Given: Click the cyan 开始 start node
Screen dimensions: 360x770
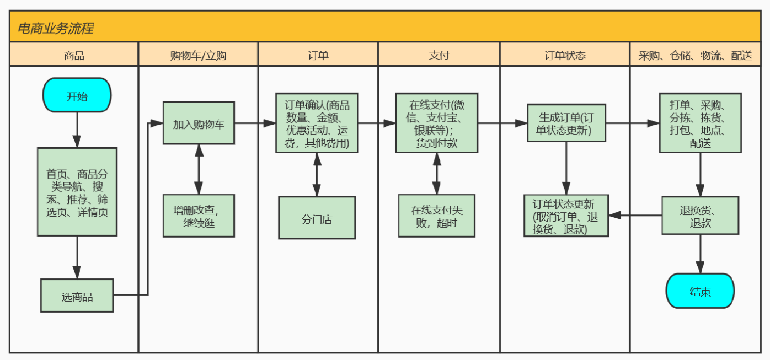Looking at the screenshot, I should pos(77,95).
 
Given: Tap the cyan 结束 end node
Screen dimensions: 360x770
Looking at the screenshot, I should pos(700,291).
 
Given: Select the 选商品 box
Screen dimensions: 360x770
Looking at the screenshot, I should pos(77,295).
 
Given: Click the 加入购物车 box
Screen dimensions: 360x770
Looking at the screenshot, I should pos(199,123).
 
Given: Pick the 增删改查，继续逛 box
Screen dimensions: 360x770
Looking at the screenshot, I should pos(199,216).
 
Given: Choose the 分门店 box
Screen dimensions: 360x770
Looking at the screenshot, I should pos(317,218).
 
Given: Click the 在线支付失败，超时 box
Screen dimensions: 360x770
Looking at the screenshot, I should pos(436,216).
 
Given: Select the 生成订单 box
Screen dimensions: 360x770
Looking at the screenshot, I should pos(566,123).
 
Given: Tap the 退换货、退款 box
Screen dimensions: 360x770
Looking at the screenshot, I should pos(700,216).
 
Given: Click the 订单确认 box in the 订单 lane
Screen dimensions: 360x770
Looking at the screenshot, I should pos(317,123).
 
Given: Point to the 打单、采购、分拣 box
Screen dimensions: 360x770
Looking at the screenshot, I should pos(700,123).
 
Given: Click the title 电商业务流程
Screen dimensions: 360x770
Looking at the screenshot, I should pos(55,28).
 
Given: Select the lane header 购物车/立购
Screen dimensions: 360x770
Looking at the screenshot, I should pos(198,55).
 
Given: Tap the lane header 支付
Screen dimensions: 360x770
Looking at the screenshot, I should pos(439,55).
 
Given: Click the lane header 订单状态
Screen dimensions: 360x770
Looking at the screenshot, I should pos(565,55).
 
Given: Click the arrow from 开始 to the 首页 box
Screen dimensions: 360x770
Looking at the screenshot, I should pos(77,130).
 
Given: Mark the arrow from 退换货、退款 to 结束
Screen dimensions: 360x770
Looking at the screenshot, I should pos(700,254).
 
